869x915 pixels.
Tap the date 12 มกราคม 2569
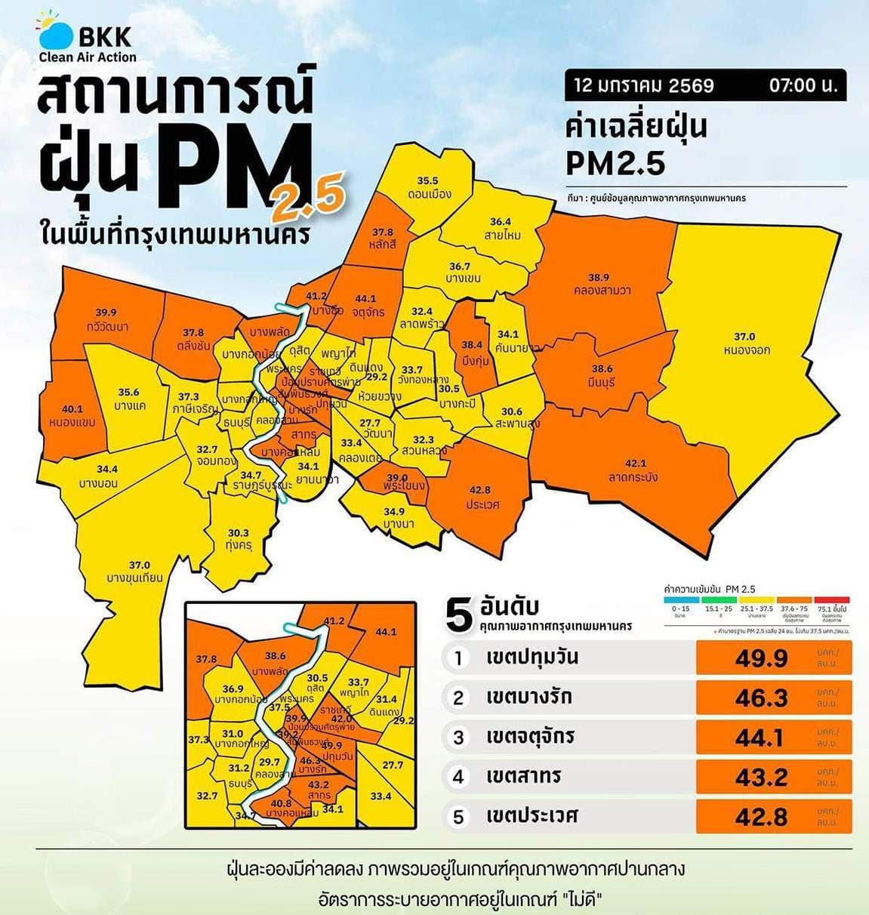pos(643,85)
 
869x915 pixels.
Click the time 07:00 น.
pos(803,85)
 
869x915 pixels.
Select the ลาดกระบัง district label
pos(633,476)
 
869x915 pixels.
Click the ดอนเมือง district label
pos(427,193)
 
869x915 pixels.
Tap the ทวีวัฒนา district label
pos(106,326)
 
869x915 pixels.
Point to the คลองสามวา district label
pos(602,290)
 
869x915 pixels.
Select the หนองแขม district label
pos(72,422)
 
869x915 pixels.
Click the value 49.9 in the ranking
pos(761,658)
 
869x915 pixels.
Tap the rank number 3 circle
pos(458,737)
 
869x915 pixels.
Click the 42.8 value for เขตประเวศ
pos(761,817)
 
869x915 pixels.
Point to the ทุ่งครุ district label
pos(238,546)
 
